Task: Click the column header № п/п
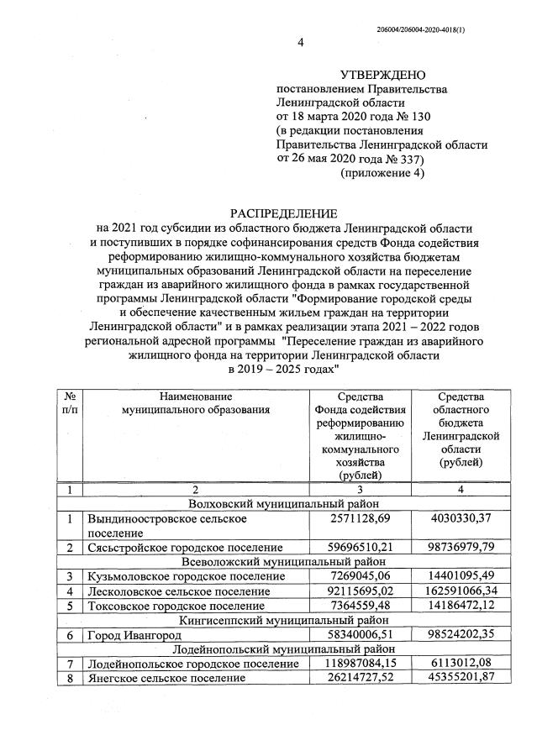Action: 69,402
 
